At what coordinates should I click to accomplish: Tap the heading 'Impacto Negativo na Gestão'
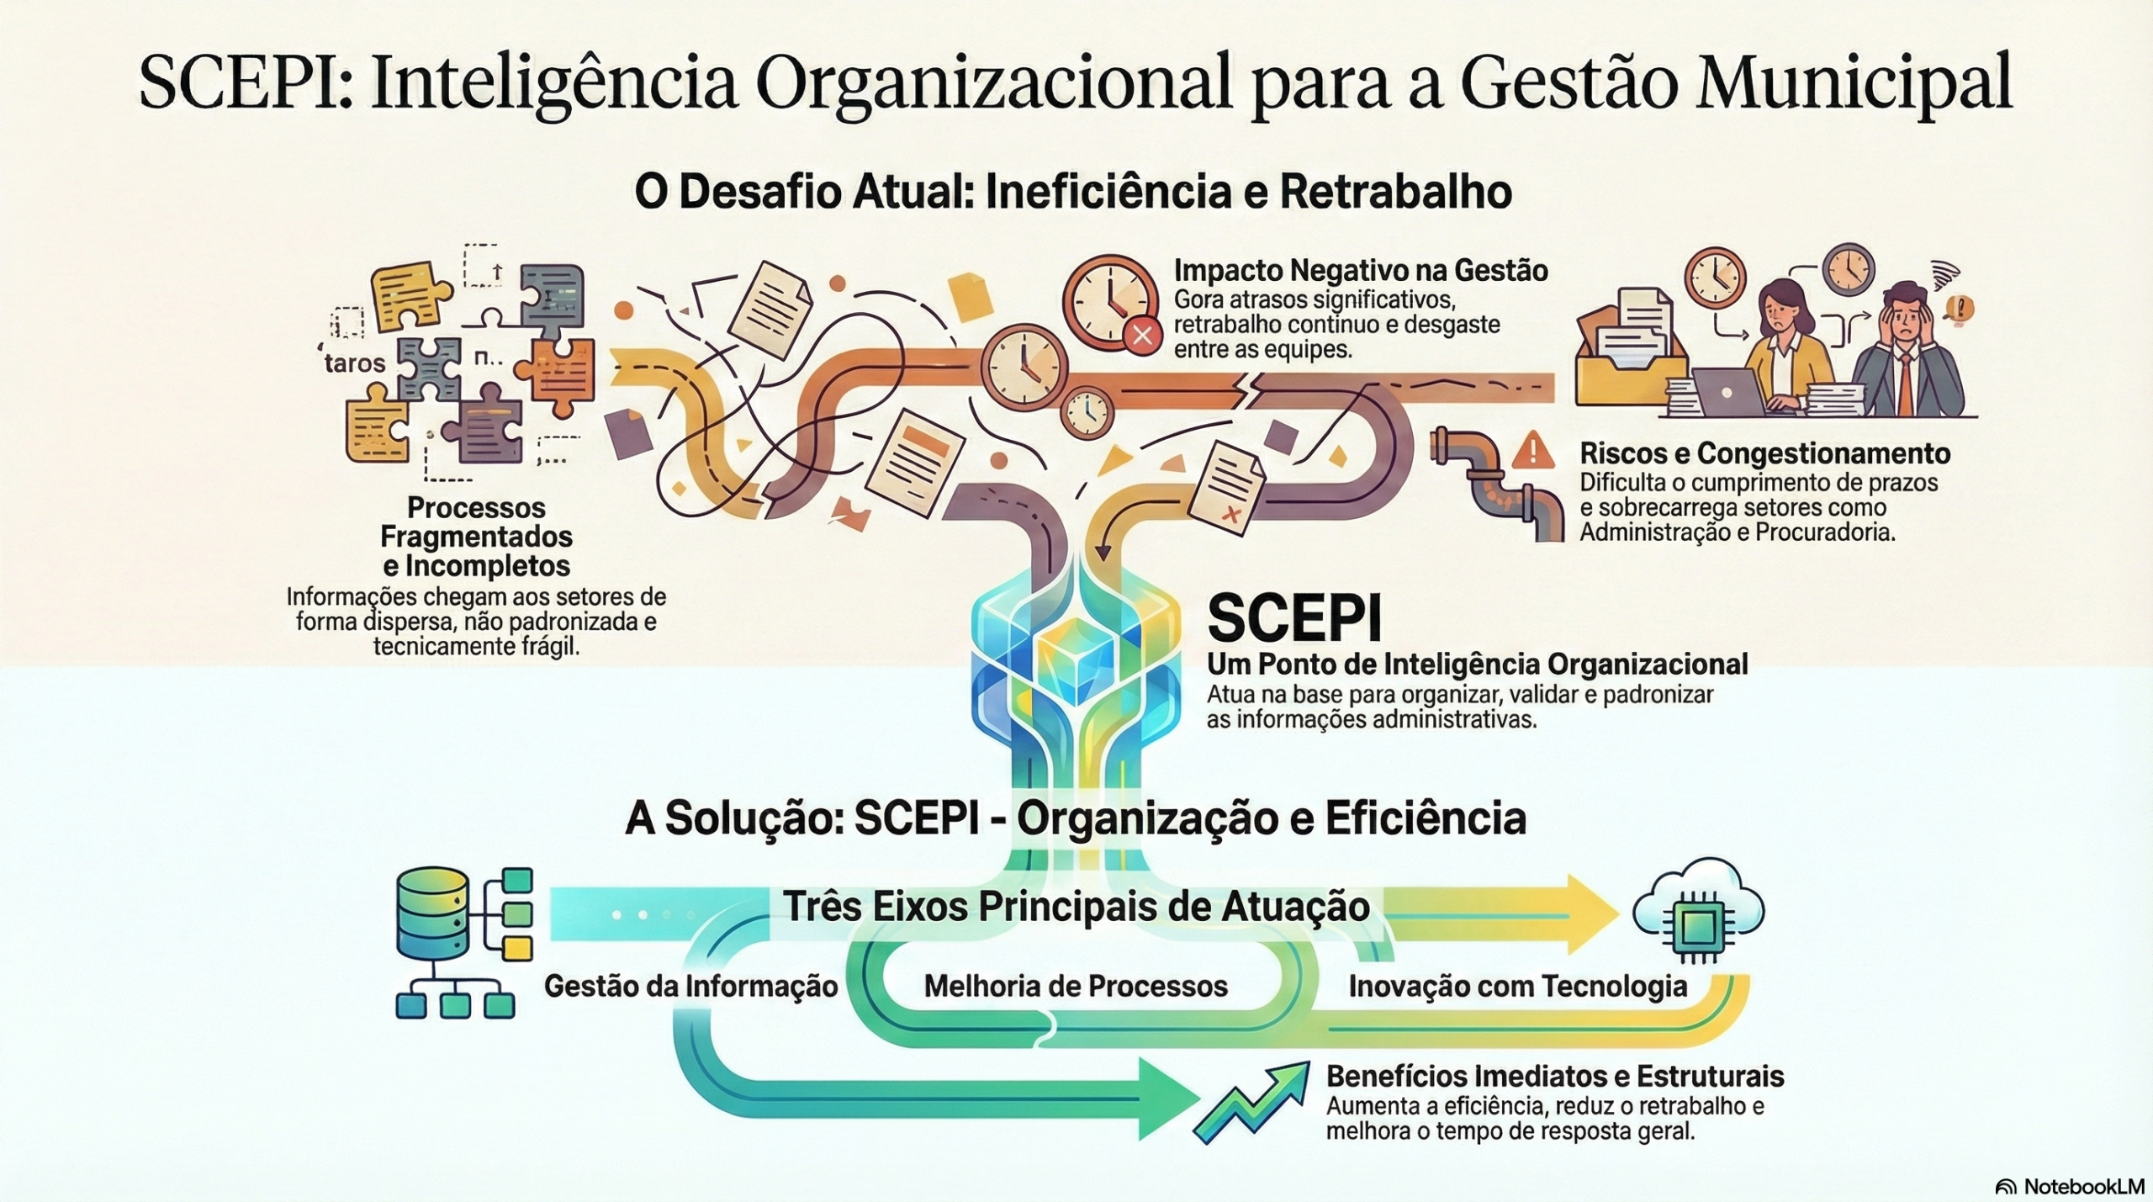[x=1360, y=271]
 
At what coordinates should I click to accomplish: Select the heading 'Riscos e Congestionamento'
[x=1764, y=454]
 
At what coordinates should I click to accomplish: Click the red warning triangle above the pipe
[x=1532, y=451]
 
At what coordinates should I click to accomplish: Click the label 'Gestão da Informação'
[x=690, y=986]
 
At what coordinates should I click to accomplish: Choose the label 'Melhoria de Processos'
[x=1076, y=986]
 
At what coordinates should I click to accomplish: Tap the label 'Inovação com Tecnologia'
[x=1517, y=986]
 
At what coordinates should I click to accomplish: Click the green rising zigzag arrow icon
[x=1253, y=1104]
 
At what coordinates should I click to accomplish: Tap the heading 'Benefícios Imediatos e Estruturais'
[x=1554, y=1076]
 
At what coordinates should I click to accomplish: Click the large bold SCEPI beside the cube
[x=1293, y=620]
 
